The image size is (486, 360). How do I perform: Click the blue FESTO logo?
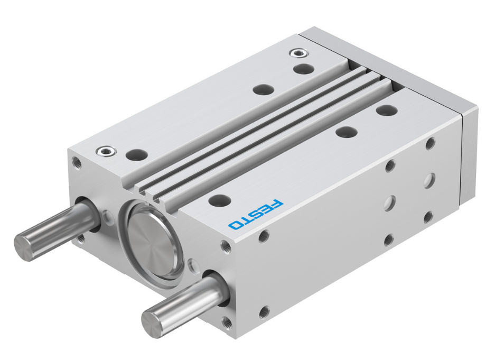(x=256, y=215)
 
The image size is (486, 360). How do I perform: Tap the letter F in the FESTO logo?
(x=277, y=204)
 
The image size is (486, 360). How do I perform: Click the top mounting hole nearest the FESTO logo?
(x=220, y=200)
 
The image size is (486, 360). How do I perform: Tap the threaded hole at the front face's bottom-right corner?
(x=228, y=321)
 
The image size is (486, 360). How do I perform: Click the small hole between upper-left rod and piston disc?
(x=108, y=217)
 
